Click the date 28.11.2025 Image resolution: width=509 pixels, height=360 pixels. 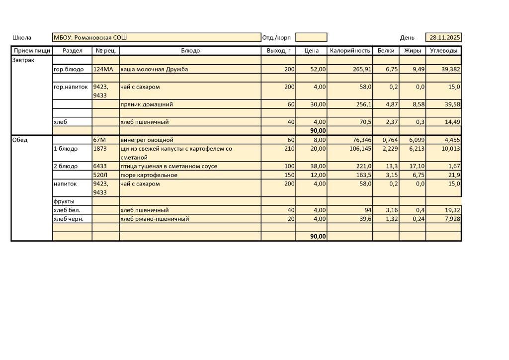[444, 38]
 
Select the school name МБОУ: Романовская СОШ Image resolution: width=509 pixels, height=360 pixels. [90, 38]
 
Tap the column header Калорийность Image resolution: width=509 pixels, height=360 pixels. [350, 51]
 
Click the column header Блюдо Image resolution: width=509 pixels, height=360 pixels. [190, 51]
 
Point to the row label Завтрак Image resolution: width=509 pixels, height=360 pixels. [23, 60]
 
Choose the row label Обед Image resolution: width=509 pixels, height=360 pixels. [20, 140]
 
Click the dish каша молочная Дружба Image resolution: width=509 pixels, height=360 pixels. [154, 70]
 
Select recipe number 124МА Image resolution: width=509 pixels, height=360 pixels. [103, 70]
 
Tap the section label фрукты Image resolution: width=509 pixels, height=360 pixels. [64, 201]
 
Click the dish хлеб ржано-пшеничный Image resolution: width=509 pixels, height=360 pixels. [155, 219]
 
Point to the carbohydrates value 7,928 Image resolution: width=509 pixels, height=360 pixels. [450, 219]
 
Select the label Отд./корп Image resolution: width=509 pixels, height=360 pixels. [276, 38]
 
